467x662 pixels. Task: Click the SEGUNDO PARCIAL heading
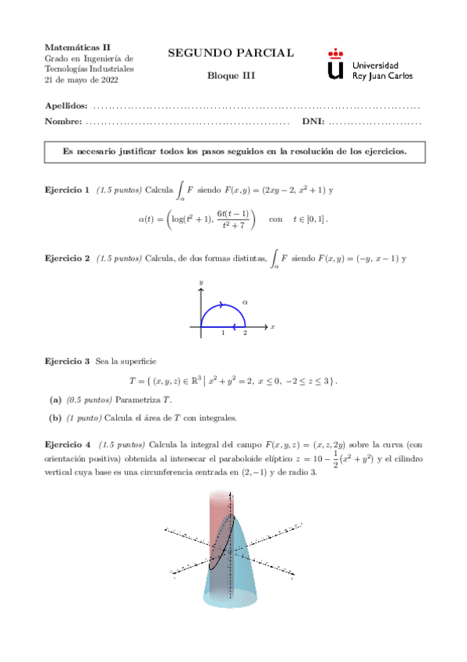231,53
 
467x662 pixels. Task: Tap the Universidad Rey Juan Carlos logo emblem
335,64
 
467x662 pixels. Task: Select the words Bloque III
231,76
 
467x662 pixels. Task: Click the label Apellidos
66,105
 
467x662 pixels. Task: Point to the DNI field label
312,121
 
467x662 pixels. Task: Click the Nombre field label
63,121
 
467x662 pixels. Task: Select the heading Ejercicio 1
66,190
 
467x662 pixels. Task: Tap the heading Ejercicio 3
66,361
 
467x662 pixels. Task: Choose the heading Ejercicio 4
66,443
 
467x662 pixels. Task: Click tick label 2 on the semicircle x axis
245,333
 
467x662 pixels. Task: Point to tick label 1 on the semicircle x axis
223,333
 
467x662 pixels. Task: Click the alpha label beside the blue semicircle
244,300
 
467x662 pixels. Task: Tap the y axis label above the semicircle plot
201,281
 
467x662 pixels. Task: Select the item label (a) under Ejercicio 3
55,400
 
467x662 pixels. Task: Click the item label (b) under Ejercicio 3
55,417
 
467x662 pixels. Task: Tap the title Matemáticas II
77,47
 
